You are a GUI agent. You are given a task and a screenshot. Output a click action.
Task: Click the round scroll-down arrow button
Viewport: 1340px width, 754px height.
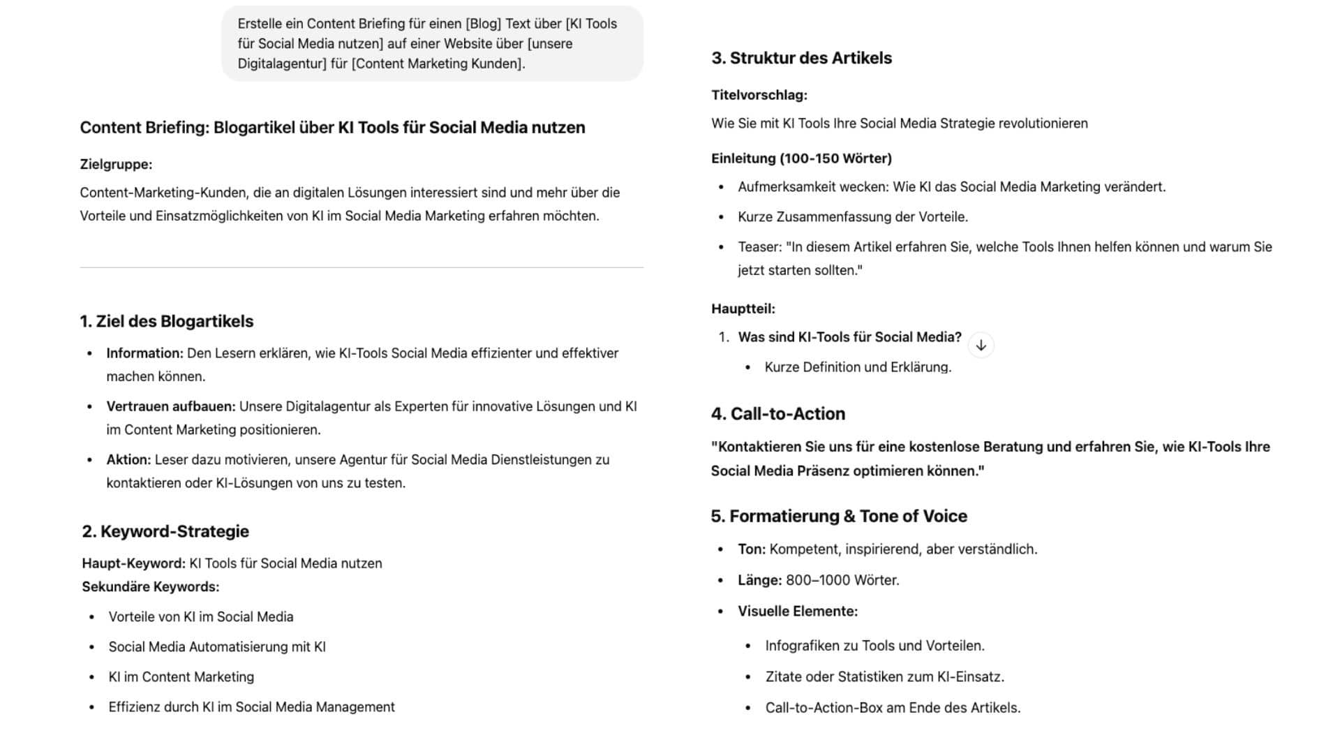(x=981, y=346)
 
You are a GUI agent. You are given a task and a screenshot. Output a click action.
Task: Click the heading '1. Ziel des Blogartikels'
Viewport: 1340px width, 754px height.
(x=166, y=321)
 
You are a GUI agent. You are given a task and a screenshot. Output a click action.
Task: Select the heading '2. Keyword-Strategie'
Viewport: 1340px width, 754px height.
(x=165, y=531)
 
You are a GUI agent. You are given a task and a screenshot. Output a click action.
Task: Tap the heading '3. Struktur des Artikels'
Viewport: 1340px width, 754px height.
(x=801, y=58)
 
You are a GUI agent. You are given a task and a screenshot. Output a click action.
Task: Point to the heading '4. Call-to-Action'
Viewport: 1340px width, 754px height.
(x=777, y=414)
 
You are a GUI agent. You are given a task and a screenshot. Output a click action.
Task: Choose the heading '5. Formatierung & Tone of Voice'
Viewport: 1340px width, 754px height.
(x=839, y=516)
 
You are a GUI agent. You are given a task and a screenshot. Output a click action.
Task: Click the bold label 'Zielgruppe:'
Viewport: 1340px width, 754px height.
(x=116, y=165)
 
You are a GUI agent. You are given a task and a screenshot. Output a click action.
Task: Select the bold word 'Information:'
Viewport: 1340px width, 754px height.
(x=144, y=353)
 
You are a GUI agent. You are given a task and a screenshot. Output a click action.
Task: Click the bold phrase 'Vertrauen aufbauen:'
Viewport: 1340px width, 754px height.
(x=171, y=406)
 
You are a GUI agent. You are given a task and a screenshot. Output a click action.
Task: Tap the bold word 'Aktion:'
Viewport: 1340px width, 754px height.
(x=128, y=460)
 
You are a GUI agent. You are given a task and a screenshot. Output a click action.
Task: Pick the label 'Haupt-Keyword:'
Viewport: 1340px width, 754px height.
(x=133, y=563)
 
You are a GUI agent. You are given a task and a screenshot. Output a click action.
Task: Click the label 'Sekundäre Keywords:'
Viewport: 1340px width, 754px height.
(x=150, y=587)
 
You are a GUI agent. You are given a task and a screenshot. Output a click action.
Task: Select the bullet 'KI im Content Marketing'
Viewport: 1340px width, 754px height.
(x=181, y=677)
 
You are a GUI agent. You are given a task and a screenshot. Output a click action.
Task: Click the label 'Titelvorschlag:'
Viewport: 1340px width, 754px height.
(x=759, y=95)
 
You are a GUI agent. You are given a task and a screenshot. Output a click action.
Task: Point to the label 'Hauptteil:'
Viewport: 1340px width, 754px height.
(x=743, y=309)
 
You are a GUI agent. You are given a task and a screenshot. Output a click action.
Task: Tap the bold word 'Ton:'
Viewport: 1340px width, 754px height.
(x=752, y=549)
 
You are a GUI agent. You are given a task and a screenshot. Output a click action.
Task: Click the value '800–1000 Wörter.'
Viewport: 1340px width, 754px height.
(x=842, y=580)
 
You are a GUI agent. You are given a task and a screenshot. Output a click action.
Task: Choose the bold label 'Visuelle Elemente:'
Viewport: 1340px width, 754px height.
(x=797, y=612)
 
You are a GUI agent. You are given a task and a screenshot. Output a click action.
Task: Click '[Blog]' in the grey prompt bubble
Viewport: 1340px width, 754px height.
(x=483, y=24)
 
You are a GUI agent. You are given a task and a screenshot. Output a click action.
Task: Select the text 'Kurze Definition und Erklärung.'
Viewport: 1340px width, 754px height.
(x=858, y=367)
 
